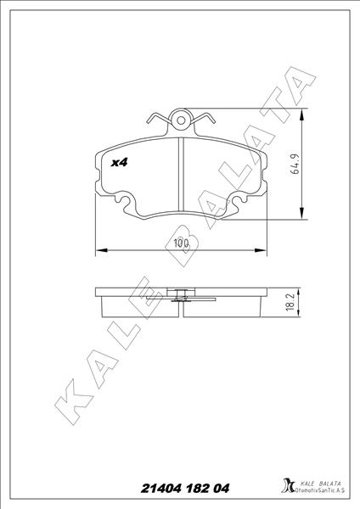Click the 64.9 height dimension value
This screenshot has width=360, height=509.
click(x=295, y=164)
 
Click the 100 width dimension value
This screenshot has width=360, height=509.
click(x=181, y=243)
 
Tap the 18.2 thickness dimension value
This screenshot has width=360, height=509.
click(x=290, y=302)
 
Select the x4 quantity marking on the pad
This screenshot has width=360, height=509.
click(x=119, y=162)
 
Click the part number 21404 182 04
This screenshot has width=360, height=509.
click(x=185, y=489)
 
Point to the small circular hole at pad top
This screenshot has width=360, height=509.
click(x=181, y=121)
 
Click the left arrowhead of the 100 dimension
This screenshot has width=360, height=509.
click(x=102, y=250)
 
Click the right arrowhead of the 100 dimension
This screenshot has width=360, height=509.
click(x=261, y=250)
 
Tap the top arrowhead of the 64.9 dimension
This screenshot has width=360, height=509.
click(x=302, y=115)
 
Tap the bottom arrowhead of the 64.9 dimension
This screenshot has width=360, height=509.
click(x=302, y=213)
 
